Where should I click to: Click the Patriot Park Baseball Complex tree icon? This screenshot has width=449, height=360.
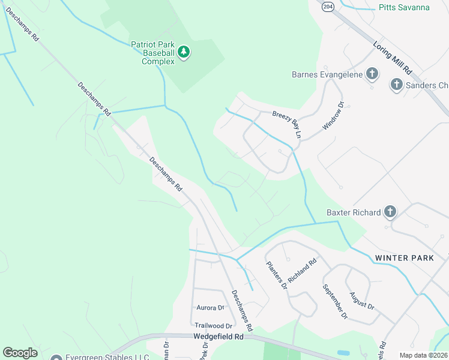(x=184, y=53)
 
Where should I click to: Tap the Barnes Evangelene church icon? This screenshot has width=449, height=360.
(x=372, y=74)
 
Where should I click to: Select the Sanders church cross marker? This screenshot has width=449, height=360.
(x=396, y=85)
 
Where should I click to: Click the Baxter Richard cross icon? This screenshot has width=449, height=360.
(x=390, y=212)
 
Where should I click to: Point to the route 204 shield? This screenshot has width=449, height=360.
(x=327, y=6)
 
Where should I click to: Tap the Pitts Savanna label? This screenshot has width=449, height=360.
(x=404, y=7)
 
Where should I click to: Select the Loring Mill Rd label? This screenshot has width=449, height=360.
(x=392, y=57)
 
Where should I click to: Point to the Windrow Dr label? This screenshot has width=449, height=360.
(x=333, y=116)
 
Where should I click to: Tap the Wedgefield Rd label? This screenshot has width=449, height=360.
(x=218, y=337)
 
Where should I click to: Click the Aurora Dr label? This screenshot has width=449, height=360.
(x=210, y=307)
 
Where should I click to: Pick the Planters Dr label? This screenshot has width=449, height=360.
(x=277, y=275)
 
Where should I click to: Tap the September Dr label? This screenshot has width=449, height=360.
(x=334, y=301)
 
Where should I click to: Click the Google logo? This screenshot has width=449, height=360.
(x=20, y=353)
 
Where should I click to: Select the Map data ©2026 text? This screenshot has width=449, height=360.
(x=423, y=355)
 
